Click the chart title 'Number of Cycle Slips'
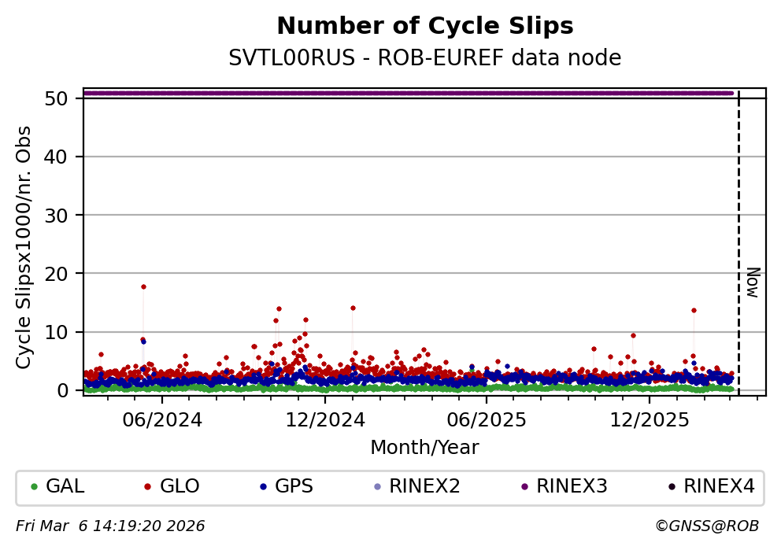point(425,27)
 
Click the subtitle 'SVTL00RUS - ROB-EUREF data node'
point(425,58)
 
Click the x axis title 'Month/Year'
point(424,448)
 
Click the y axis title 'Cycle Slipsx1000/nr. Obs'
point(24,247)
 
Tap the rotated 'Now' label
point(753,282)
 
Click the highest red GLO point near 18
point(143,286)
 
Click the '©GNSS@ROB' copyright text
point(706,526)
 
